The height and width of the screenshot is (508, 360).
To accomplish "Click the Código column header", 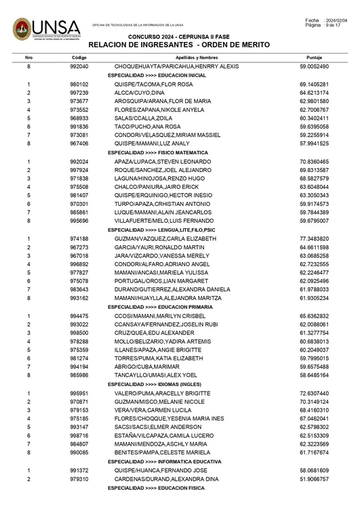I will pos(79,58).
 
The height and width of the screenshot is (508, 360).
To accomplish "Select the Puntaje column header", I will pos(314,58).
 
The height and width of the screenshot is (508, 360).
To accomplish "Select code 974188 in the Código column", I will pos(79,240).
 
